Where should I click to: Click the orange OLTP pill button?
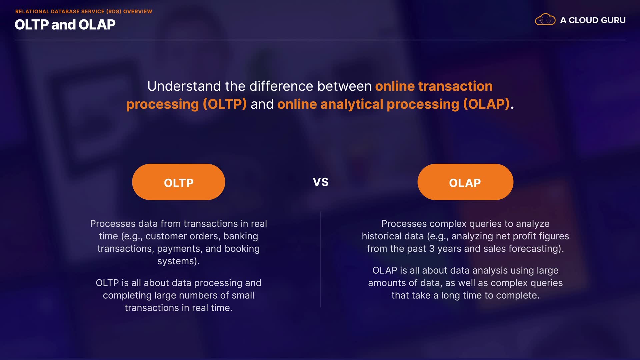178,182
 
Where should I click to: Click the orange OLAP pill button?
465,182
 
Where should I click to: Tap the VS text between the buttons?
321,182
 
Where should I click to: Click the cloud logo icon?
545,19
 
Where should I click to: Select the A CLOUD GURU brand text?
593,20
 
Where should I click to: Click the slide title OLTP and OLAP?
65,25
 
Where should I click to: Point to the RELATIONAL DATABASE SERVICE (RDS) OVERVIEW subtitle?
84,11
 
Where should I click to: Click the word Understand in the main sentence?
184,86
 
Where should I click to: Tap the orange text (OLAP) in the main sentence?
486,104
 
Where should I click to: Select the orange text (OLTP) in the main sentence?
225,104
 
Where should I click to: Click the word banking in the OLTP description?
241,236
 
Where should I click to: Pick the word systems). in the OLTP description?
178,261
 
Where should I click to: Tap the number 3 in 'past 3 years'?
432,249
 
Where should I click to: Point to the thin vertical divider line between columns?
321,259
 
